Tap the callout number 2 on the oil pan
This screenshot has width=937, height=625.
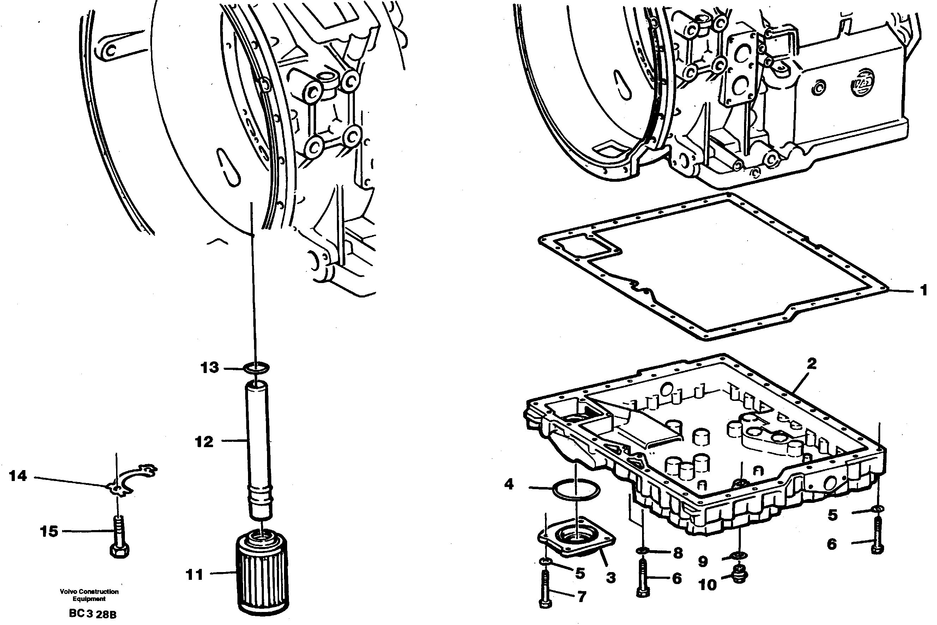tap(811, 363)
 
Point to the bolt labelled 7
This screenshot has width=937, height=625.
tap(545, 594)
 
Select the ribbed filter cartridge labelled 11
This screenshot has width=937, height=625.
tap(262, 574)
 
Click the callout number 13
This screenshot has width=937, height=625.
tap(210, 367)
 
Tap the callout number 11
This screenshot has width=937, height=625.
tap(194, 575)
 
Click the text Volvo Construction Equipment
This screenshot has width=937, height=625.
tap(89, 595)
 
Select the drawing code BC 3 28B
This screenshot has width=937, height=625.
tap(92, 614)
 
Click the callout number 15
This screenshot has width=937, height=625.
tap(49, 531)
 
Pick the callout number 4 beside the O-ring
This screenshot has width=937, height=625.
tap(509, 484)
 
